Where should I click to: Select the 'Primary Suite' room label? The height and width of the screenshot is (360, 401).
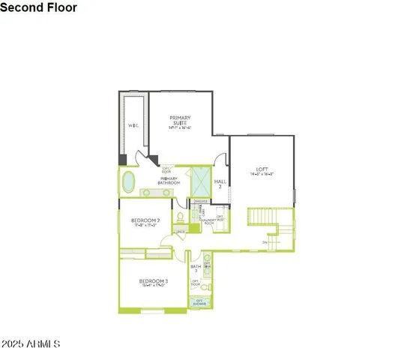click(181, 120)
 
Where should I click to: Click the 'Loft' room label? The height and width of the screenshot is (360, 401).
click(262, 169)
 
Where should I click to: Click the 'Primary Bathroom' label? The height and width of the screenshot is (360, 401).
click(169, 180)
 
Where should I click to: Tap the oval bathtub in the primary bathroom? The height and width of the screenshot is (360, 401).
click(128, 181)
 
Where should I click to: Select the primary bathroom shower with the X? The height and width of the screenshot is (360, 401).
click(201, 181)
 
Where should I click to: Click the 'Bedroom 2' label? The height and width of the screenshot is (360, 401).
click(146, 220)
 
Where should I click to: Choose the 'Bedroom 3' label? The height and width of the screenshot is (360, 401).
click(153, 281)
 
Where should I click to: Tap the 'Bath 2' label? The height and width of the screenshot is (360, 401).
click(196, 268)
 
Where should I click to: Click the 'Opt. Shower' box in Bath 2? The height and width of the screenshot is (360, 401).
click(199, 302)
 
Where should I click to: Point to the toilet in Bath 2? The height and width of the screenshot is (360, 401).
click(208, 285)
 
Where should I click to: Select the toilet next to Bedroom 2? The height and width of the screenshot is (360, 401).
click(180, 218)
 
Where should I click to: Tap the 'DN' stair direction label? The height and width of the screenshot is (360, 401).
click(265, 241)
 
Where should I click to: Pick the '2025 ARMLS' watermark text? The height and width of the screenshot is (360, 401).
click(31, 343)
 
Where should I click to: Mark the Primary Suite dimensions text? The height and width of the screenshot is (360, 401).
click(181, 127)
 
